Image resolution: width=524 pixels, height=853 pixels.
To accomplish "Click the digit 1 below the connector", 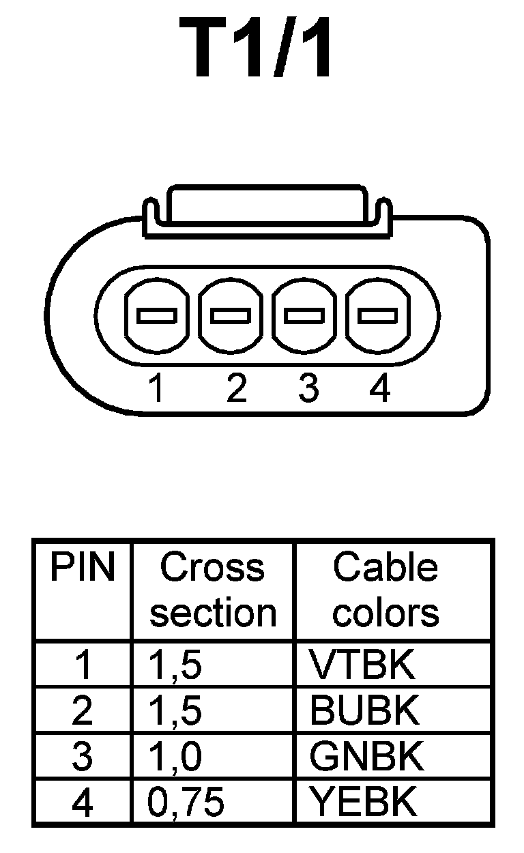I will tap(157, 389).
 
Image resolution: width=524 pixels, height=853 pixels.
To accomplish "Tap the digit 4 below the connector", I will tap(379, 389).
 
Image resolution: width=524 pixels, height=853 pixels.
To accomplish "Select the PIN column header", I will tap(83, 568).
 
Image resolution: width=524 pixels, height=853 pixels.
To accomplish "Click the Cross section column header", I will tap(213, 590).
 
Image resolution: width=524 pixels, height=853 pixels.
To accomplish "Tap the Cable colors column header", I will tap(385, 590).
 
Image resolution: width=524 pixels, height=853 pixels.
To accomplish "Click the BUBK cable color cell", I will tap(364, 711).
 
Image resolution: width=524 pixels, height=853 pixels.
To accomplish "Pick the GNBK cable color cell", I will tap(364, 757).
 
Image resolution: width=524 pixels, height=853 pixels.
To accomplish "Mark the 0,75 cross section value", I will tap(186, 803).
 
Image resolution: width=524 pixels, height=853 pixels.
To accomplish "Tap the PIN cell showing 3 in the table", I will tap(82, 757).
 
